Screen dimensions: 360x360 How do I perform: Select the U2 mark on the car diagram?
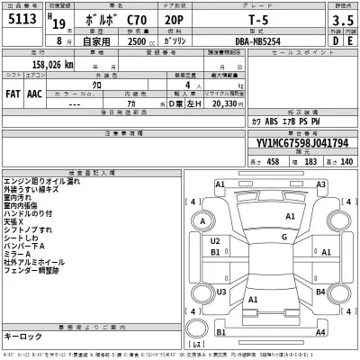coord(216,241)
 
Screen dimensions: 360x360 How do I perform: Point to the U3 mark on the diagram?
coord(220,292)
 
